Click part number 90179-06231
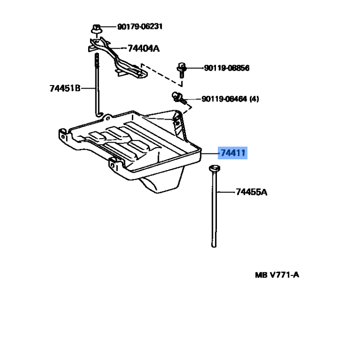coord(140,27)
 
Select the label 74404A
coord(144,49)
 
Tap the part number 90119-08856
coord(227,68)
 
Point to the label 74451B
coord(65,88)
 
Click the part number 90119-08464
coord(224,99)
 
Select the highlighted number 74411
coord(233,153)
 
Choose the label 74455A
coord(252,192)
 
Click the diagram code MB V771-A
coord(277,275)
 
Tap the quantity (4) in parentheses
coord(254,99)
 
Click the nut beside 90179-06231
coord(96,29)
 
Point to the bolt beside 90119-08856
coord(181,70)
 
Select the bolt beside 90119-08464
coord(179,98)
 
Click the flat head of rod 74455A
coord(215,168)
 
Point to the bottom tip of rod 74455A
coord(214,246)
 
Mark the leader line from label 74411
coord(210,153)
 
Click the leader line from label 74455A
coord(226,192)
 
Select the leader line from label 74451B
coord(88,88)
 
